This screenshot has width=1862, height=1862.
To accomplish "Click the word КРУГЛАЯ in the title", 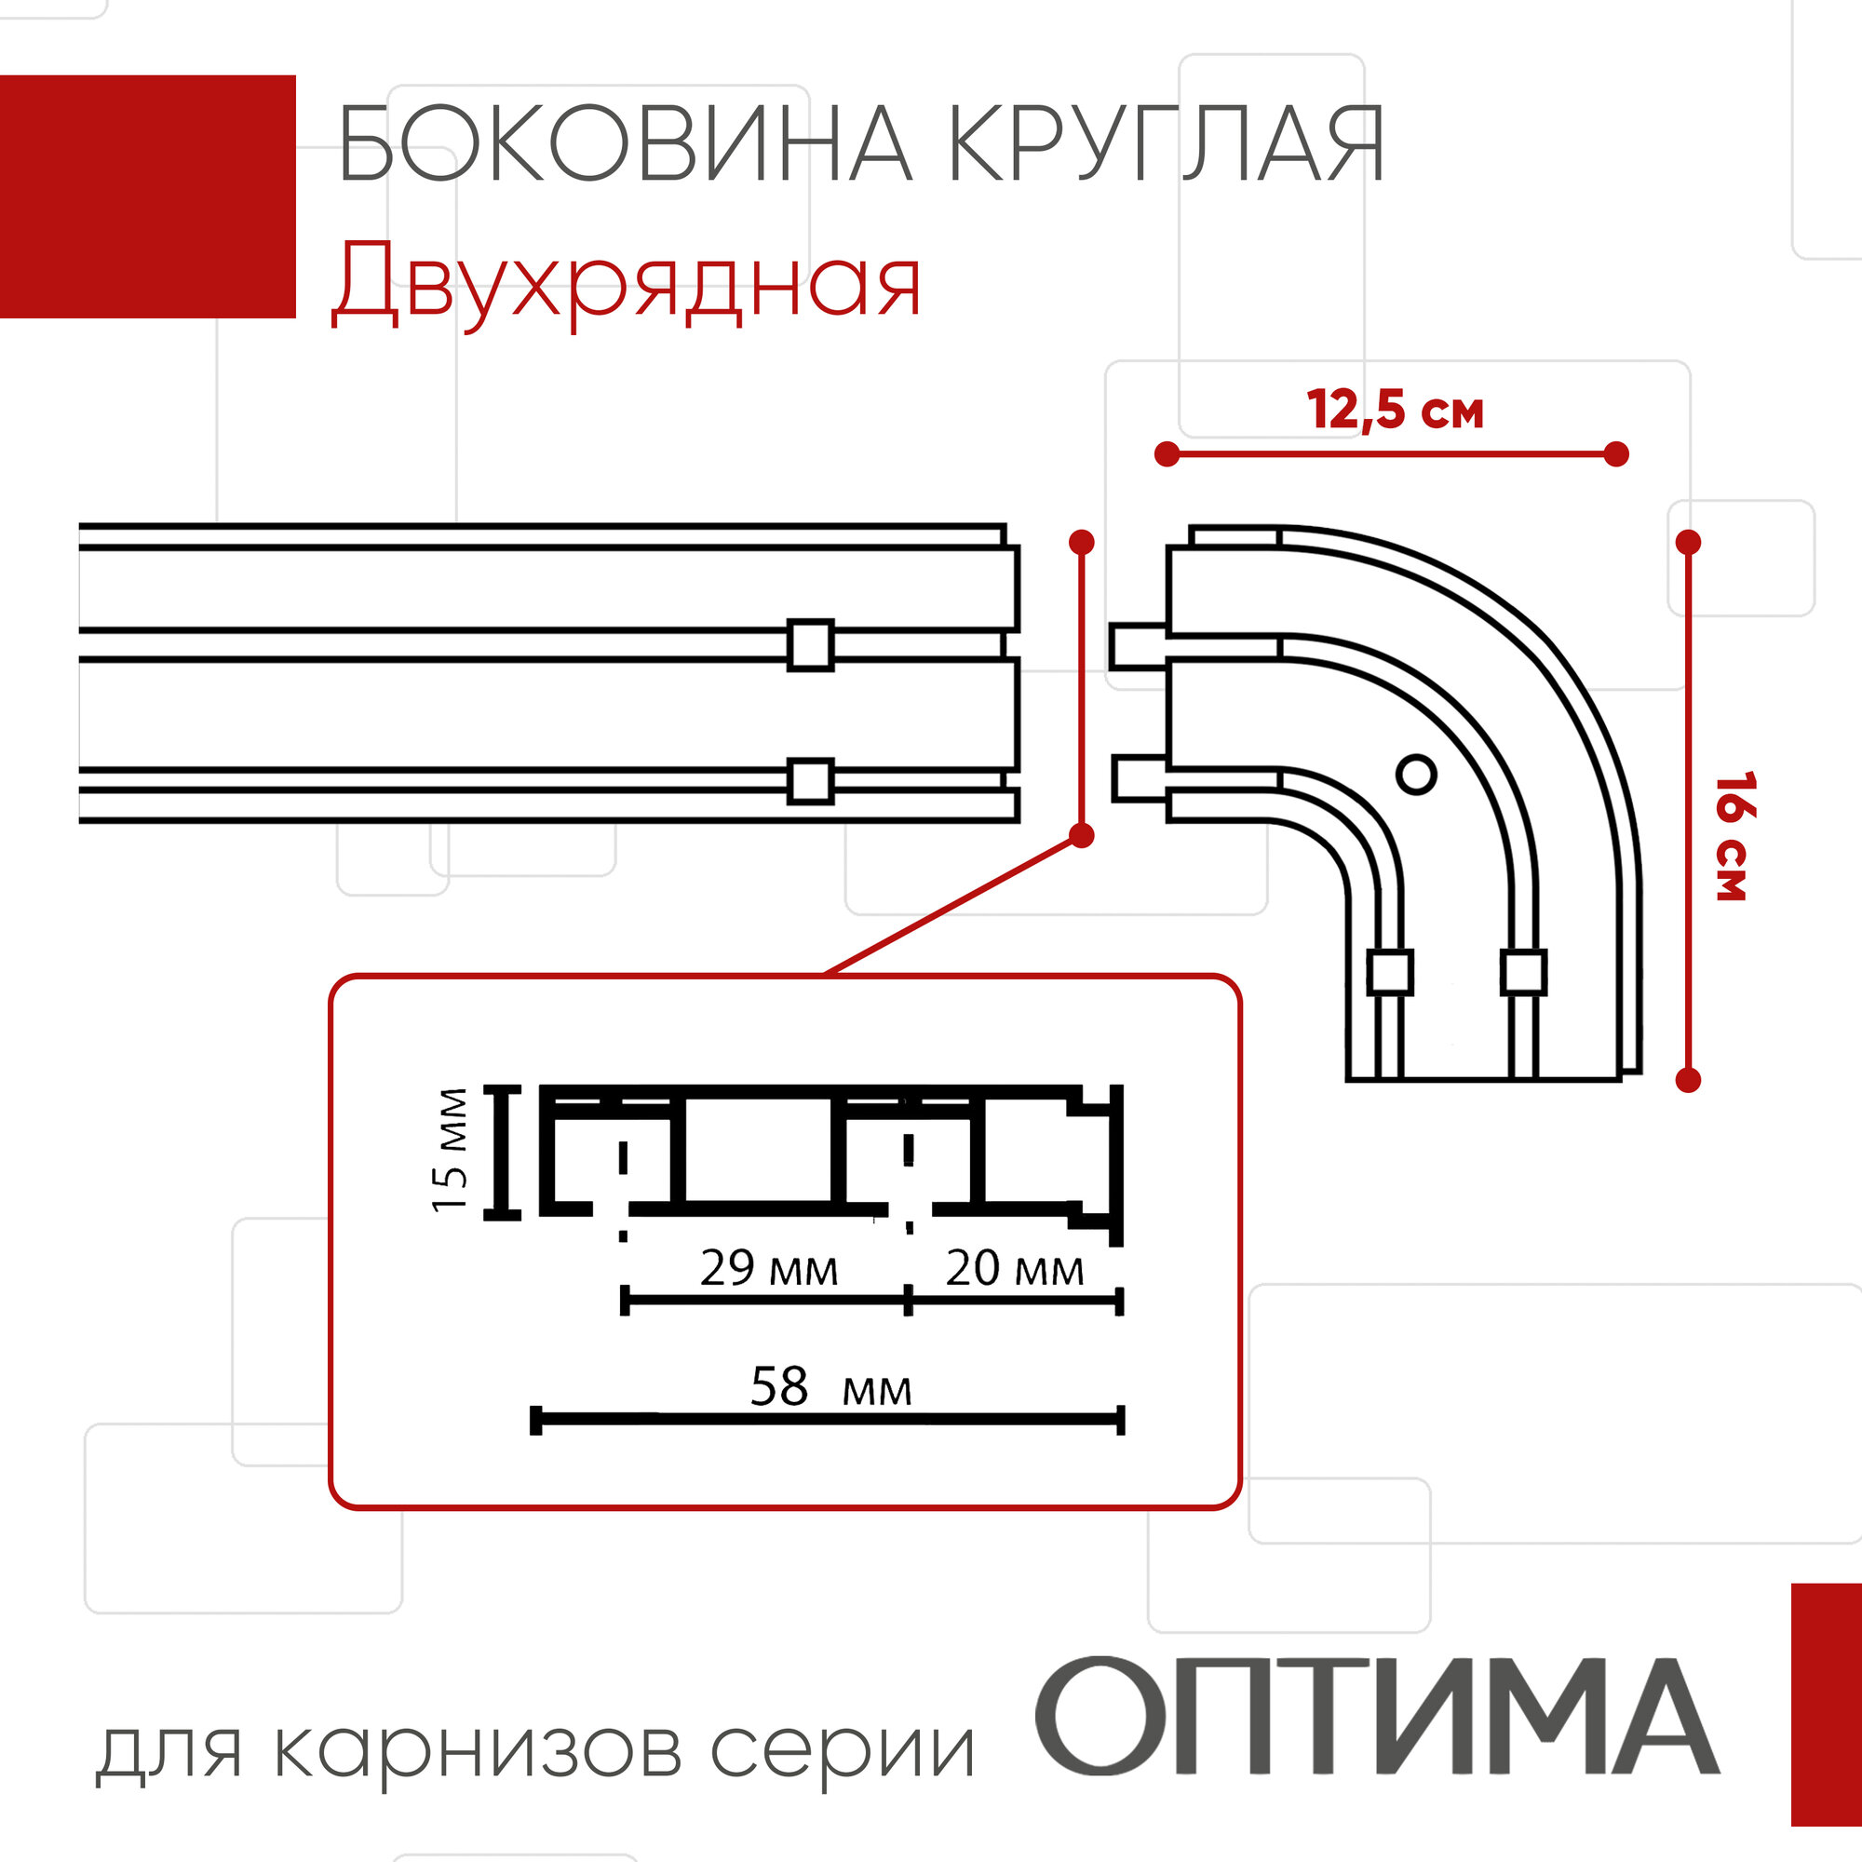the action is [x=1167, y=144].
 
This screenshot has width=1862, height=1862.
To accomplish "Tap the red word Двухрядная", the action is [x=627, y=282].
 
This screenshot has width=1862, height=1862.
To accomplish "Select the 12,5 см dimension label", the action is [x=1395, y=411].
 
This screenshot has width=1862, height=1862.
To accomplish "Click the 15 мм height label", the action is [x=450, y=1150].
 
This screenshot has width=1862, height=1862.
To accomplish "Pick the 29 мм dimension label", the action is [x=768, y=1268].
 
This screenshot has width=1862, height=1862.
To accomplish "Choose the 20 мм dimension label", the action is [x=1014, y=1268].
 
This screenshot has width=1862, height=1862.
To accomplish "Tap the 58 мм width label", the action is [x=830, y=1388].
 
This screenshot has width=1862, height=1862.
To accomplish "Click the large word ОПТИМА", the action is [x=1378, y=1716].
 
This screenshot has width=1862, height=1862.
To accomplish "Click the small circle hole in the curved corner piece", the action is [x=1416, y=774].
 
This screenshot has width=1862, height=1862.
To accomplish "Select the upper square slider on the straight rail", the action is [x=811, y=645].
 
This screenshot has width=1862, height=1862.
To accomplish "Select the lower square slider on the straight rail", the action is [x=811, y=781].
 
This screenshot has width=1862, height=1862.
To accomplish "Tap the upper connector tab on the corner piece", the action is [x=1139, y=646].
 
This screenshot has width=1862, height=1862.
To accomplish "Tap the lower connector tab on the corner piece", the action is [x=1140, y=778].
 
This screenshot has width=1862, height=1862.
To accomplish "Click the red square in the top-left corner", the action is [x=146, y=196].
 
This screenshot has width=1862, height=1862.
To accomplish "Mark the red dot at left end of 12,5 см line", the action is [x=1167, y=454].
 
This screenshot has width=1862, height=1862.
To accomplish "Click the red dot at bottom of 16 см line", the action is [x=1689, y=1080].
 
